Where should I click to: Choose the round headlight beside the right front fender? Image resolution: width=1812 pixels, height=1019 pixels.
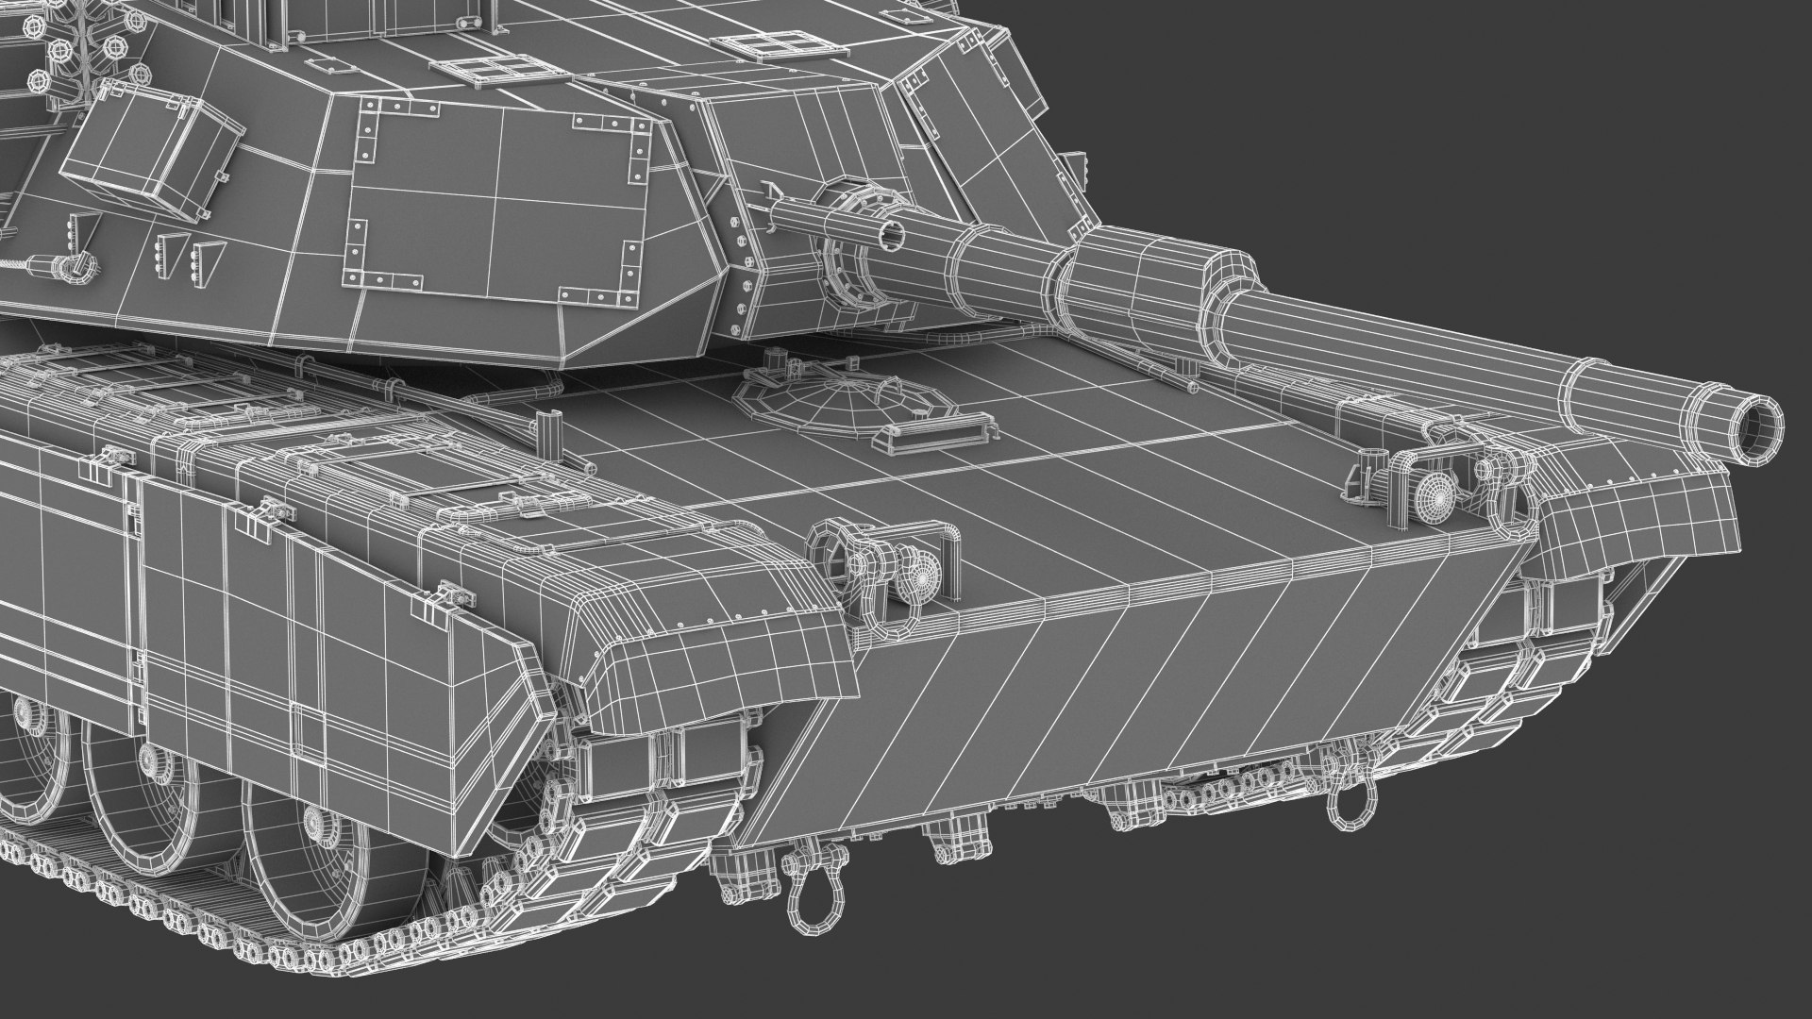tap(1435, 492)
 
